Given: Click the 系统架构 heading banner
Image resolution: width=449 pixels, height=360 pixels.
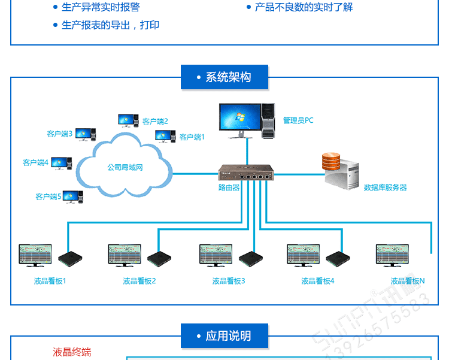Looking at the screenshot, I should coord(224,77).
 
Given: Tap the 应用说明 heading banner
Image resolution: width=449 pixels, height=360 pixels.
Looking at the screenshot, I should coord(224,336).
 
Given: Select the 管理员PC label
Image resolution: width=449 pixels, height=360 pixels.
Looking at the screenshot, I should coord(298,120).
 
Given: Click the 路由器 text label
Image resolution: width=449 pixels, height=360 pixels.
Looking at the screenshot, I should coord(229,187).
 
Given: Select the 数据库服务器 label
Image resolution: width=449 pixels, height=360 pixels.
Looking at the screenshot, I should coord(385,187).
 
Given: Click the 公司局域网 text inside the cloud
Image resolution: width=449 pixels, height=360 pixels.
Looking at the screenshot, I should coord(125,168).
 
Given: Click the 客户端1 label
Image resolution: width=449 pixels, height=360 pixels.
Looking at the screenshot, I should coord(192,137).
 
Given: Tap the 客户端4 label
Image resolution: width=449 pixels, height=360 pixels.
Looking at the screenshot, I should coord(35,162).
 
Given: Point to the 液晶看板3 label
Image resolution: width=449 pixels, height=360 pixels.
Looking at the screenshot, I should coord(229,281).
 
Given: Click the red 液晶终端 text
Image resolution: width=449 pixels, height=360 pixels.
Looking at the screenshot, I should coord(72,352).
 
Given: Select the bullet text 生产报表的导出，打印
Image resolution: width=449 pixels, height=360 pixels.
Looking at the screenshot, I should coord(110,25).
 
